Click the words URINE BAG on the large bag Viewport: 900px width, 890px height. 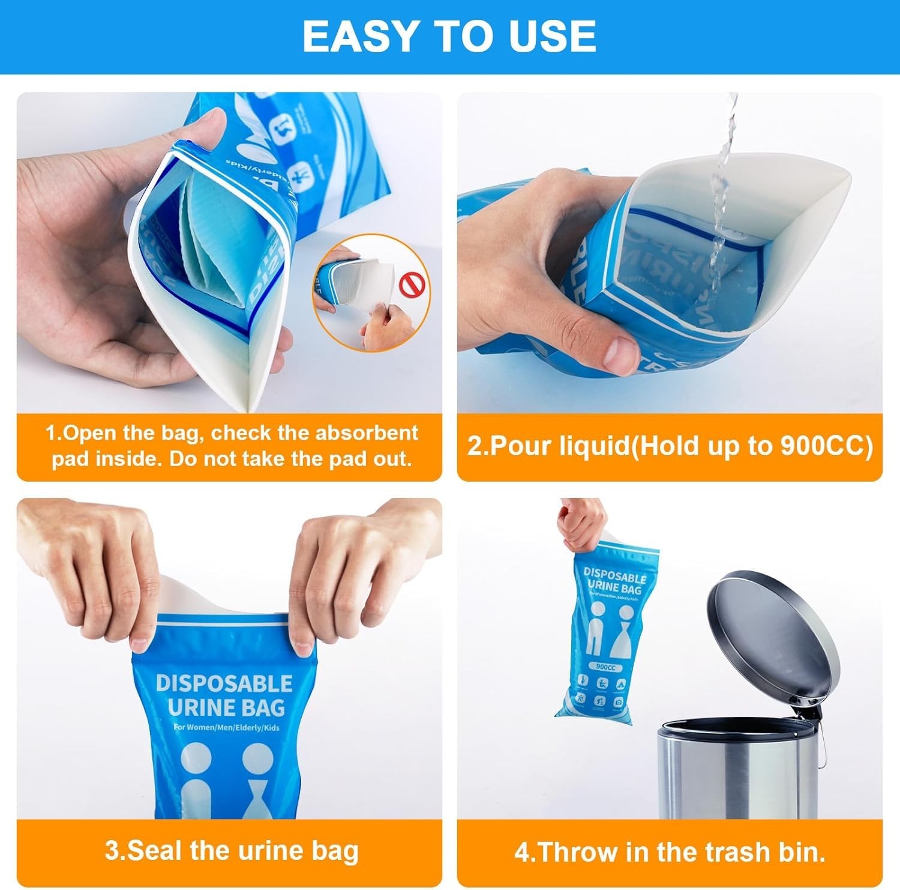click(x=226, y=708)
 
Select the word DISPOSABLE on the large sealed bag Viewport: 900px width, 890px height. click(x=224, y=683)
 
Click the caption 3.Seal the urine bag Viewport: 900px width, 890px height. click(x=232, y=851)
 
